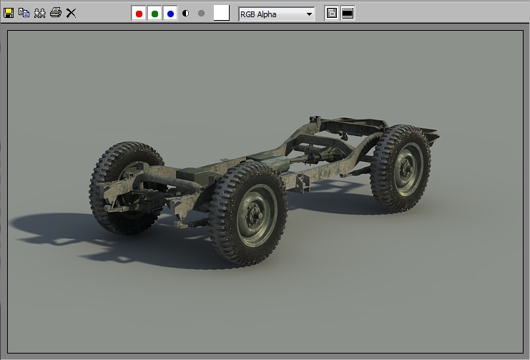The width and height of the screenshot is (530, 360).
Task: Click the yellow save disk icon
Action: click(9, 13)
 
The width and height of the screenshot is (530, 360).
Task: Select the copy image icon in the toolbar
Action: click(24, 13)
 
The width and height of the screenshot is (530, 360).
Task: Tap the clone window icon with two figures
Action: click(39, 13)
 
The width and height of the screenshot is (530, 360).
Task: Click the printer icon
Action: click(56, 13)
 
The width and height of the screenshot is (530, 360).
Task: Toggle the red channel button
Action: click(139, 14)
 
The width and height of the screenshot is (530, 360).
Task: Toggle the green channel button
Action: click(154, 14)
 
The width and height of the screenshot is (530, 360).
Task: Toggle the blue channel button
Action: click(170, 14)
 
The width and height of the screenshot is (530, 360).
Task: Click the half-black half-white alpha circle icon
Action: click(185, 13)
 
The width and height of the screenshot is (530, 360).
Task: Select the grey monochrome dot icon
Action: click(201, 13)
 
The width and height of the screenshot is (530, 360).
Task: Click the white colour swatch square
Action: click(222, 13)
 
